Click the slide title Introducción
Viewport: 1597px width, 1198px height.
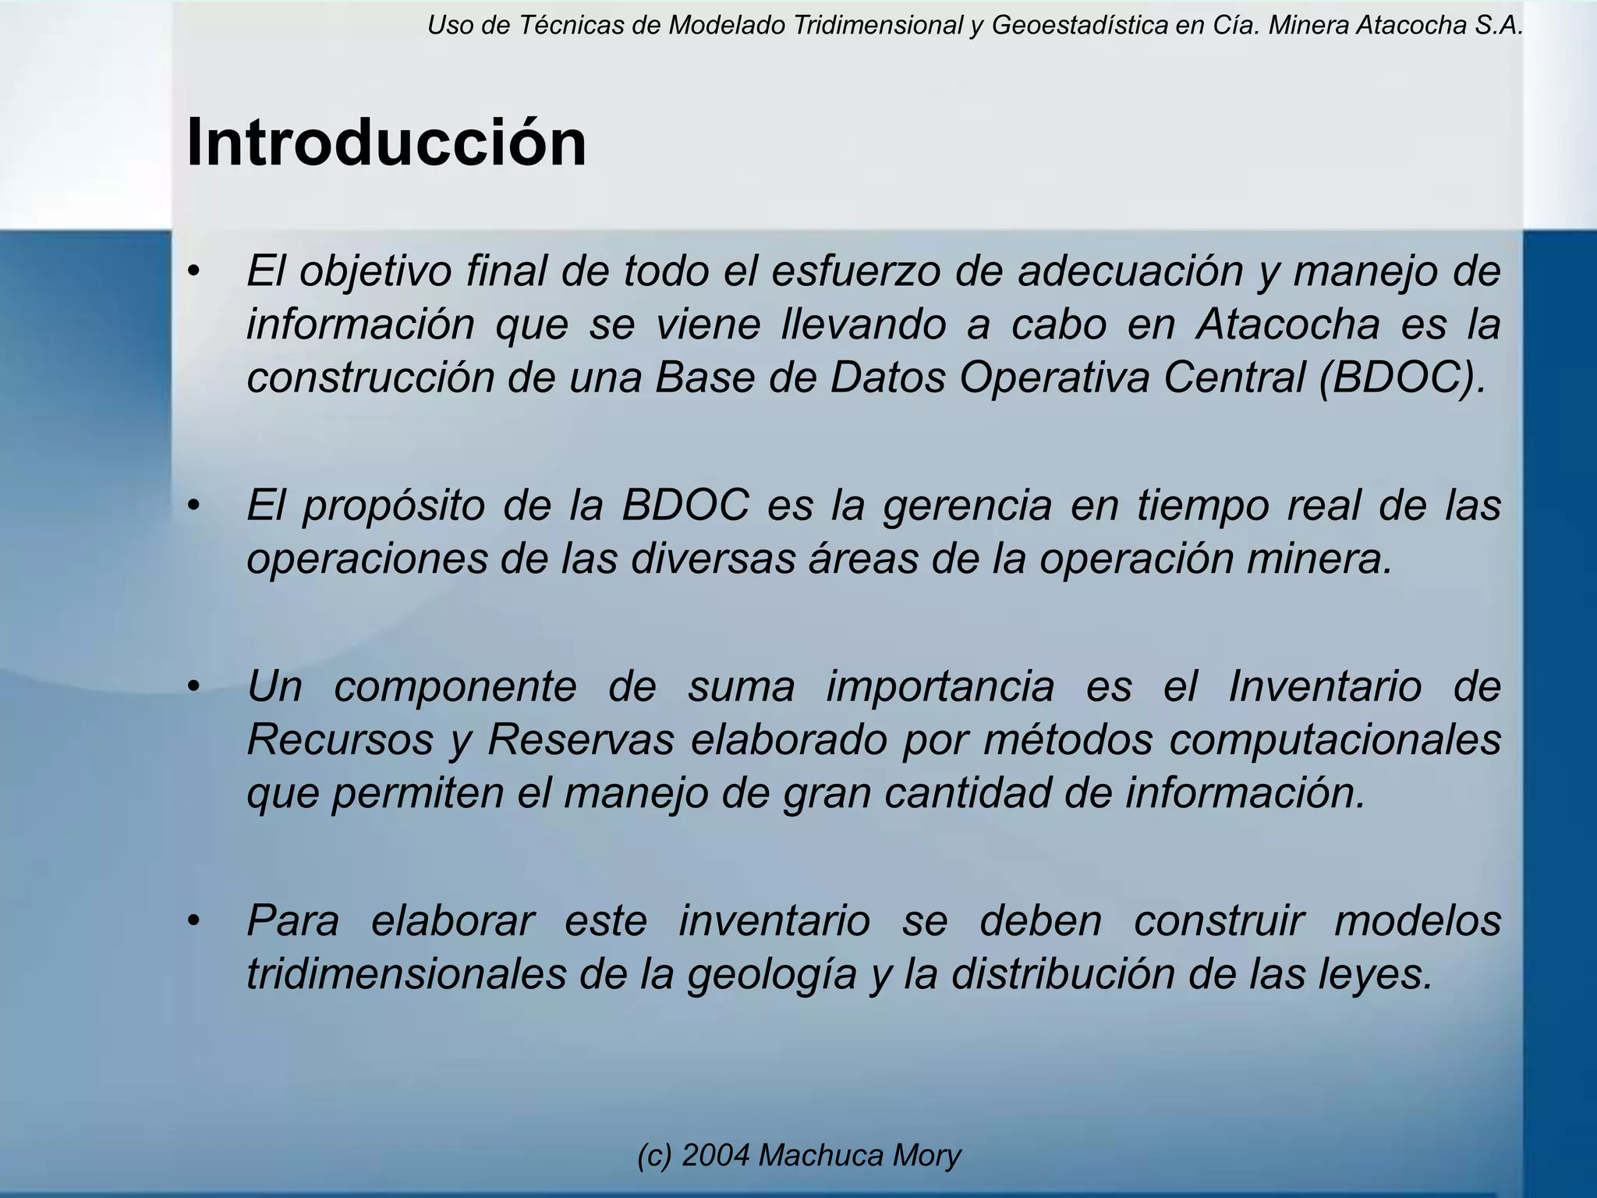[x=386, y=143]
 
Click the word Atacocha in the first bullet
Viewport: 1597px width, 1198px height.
[x=1287, y=324]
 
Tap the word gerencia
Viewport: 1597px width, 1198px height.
[x=967, y=505]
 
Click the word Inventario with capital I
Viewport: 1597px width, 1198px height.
[x=1325, y=686]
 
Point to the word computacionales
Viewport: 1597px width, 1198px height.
[x=1334, y=739]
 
